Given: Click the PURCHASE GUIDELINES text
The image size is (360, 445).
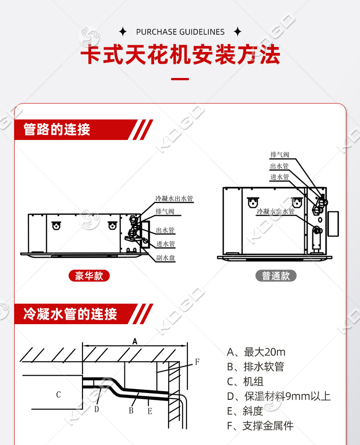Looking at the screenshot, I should pyautogui.click(x=180, y=32).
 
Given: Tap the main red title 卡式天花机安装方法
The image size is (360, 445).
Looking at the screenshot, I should pyautogui.click(x=180, y=56).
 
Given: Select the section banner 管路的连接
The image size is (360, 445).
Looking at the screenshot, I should pyautogui.click(x=57, y=129).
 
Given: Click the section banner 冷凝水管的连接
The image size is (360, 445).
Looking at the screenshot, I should pyautogui.click(x=71, y=314).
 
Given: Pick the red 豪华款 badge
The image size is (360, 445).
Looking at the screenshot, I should pyautogui.click(x=89, y=276).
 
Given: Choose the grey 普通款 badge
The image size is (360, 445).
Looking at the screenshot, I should pyautogui.click(x=276, y=276).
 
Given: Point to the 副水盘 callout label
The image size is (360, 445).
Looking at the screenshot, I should pyautogui.click(x=165, y=258).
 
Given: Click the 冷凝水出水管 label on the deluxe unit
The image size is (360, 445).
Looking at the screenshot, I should pyautogui.click(x=174, y=199).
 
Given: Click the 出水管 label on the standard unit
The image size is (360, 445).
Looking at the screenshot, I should pyautogui.click(x=279, y=166).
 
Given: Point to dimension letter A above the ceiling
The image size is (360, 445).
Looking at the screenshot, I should pyautogui.click(x=134, y=341).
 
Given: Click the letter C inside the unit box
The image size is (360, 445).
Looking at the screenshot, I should pyautogui.click(x=58, y=395).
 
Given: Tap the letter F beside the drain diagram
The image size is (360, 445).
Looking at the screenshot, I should pyautogui.click(x=197, y=362).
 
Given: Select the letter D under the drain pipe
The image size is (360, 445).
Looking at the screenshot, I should pyautogui.click(x=97, y=409).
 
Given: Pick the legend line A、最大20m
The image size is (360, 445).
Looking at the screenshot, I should pyautogui.click(x=256, y=352).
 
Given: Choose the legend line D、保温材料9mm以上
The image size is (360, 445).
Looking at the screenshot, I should pyautogui.click(x=278, y=396).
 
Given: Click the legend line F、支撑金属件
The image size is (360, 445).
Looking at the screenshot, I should pyautogui.click(x=260, y=426).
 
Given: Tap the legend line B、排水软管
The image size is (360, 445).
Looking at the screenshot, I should pyautogui.click(x=256, y=367).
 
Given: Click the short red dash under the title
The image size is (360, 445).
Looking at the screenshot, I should pyautogui.click(x=180, y=79).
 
